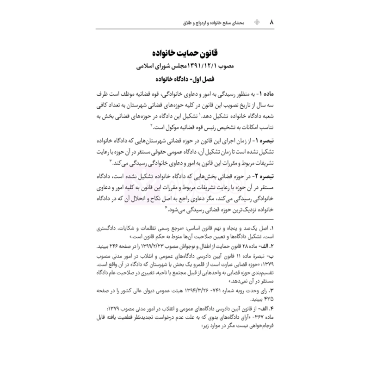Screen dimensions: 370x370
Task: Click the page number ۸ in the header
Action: point(272,22)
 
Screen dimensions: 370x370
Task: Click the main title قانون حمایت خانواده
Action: point(185,52)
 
